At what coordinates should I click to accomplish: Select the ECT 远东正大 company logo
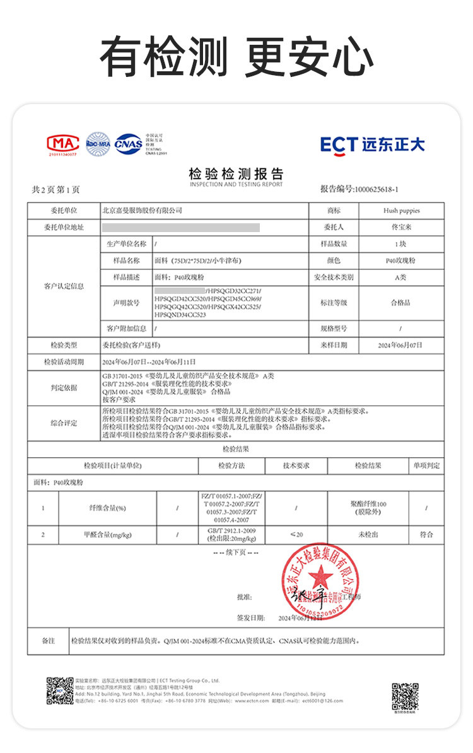click(x=372, y=144)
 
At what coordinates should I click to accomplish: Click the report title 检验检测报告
click(x=236, y=174)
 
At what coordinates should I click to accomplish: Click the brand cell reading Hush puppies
click(x=400, y=211)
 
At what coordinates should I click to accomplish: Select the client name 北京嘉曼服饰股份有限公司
click(x=142, y=211)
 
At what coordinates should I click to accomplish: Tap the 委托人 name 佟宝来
click(x=400, y=227)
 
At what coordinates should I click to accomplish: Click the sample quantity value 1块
click(x=400, y=243)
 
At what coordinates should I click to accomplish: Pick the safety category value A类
click(x=400, y=277)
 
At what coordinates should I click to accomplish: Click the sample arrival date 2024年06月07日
click(x=400, y=345)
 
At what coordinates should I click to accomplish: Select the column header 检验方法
click(x=231, y=466)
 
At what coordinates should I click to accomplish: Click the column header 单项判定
click(x=426, y=466)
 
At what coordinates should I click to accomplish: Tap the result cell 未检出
click(x=368, y=535)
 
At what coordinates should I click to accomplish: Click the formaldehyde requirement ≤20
click(x=296, y=535)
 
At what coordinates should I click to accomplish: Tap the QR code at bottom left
click(x=59, y=691)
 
